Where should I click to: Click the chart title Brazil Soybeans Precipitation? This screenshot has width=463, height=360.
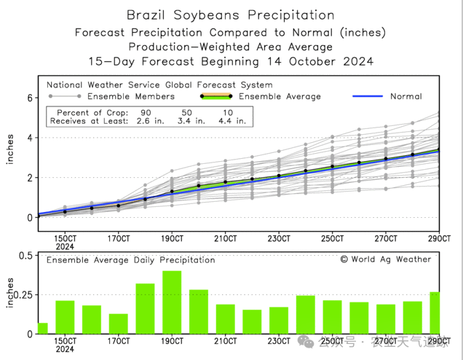click(x=230, y=15)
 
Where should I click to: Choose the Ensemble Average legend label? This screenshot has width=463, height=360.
click(x=280, y=96)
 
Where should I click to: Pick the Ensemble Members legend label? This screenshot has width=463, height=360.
click(x=130, y=96)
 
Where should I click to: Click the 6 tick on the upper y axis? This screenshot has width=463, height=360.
click(x=30, y=98)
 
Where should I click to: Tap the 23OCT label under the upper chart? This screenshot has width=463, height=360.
click(x=279, y=238)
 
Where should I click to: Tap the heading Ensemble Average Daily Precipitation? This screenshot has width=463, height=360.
click(x=131, y=259)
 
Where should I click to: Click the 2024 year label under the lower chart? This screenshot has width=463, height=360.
click(x=66, y=349)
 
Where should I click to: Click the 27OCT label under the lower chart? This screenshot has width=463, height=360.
click(x=386, y=341)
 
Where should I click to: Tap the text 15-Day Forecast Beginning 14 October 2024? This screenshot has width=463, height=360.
click(x=230, y=61)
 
